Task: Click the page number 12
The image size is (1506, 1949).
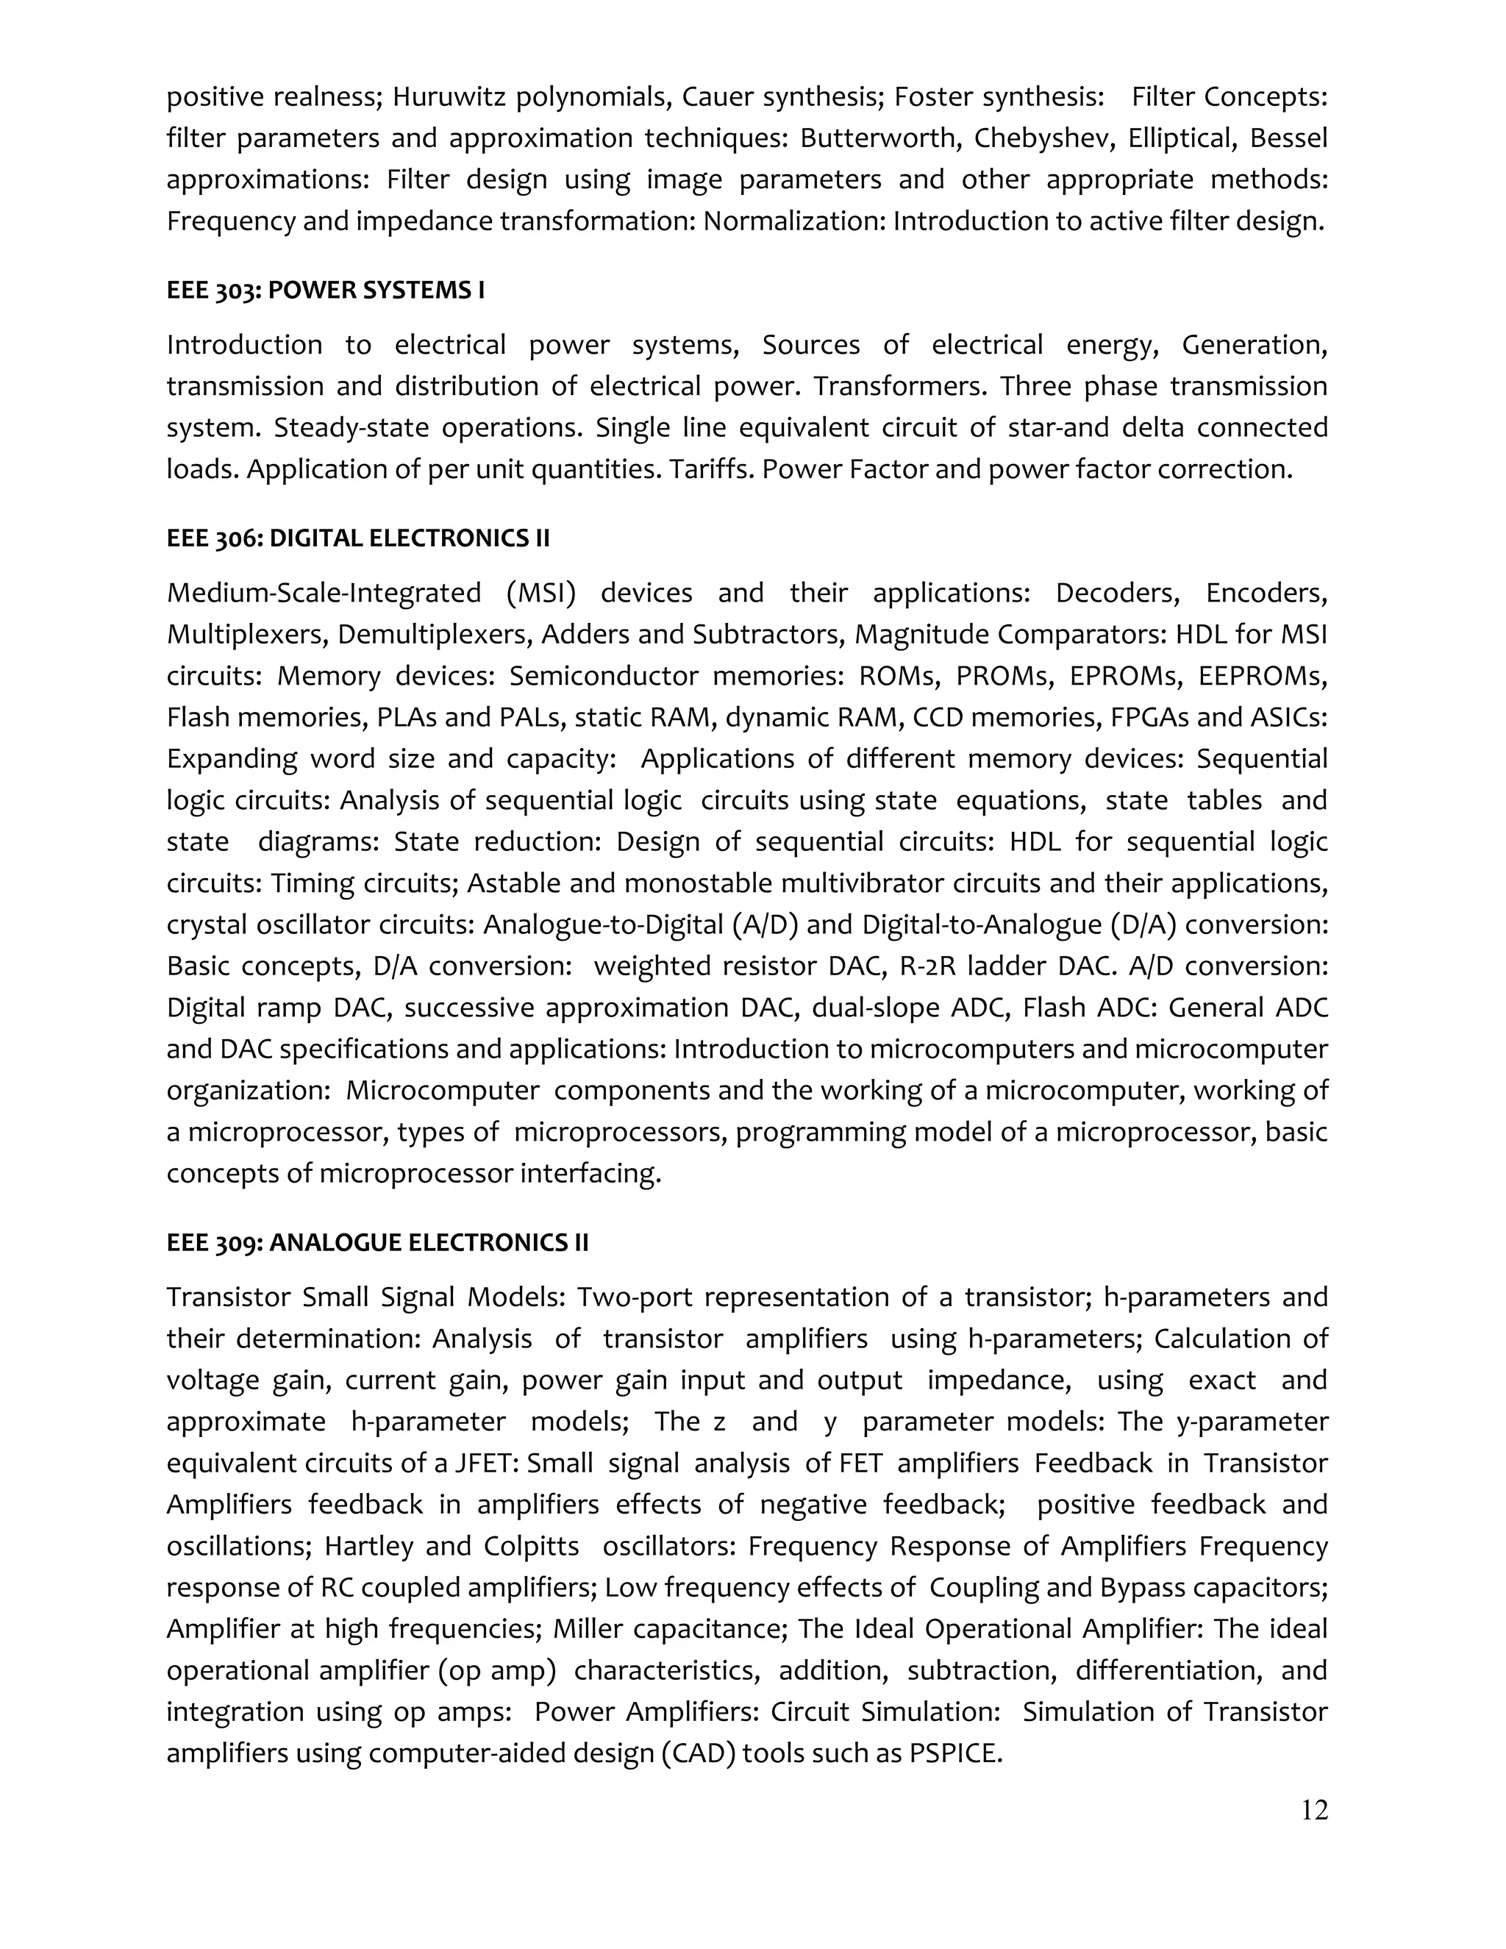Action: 1314,1810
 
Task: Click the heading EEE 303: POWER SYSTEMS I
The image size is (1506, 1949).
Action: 326,290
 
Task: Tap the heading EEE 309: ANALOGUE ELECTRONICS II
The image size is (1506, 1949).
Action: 377,1242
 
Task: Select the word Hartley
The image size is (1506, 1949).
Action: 368,1546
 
